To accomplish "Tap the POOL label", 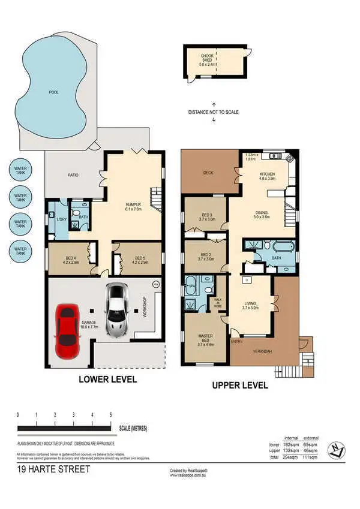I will coord(54,93).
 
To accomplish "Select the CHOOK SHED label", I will coord(207,58).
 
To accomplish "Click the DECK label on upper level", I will coord(208,173).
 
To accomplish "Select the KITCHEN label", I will coord(266,175).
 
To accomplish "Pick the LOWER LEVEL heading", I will coord(108,380).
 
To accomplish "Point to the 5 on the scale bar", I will coord(110,415).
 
